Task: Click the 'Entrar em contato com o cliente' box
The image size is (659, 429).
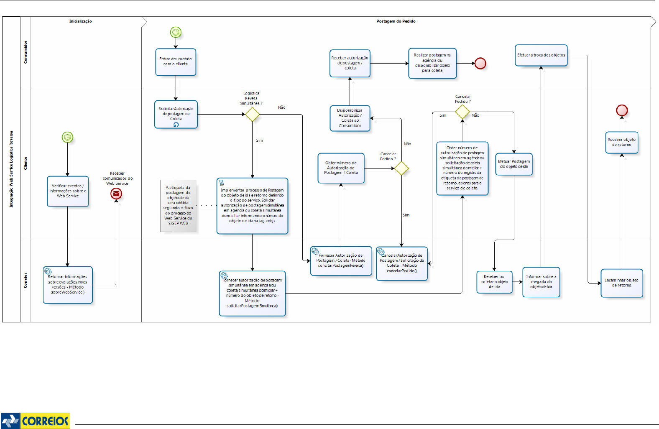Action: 176,62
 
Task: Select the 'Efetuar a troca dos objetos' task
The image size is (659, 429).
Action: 541,55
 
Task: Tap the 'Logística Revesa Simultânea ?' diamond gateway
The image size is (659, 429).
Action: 252,114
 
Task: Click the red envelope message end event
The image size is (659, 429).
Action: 116,194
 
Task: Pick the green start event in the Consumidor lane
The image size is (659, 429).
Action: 176,32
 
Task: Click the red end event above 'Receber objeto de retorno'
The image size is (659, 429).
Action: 622,110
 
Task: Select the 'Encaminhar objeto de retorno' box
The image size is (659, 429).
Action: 621,283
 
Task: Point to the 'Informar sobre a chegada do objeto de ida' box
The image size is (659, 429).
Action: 541,282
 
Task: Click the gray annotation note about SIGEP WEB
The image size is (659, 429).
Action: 178,206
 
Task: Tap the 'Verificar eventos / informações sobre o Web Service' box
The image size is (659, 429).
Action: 68,191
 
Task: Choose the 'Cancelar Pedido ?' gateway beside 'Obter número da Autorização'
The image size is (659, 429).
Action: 401,169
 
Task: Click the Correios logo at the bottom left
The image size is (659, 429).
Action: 35,420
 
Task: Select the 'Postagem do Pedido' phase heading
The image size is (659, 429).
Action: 396,21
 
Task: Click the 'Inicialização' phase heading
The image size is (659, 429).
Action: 81,21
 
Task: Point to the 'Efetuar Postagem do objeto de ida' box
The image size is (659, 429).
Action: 514,164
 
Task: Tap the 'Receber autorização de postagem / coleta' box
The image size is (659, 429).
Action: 350,63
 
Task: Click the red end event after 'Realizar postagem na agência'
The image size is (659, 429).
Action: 480,64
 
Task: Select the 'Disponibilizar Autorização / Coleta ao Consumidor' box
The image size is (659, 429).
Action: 350,118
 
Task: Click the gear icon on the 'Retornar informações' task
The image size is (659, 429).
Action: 48,272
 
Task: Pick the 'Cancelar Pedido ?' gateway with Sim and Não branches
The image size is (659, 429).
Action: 462,112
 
